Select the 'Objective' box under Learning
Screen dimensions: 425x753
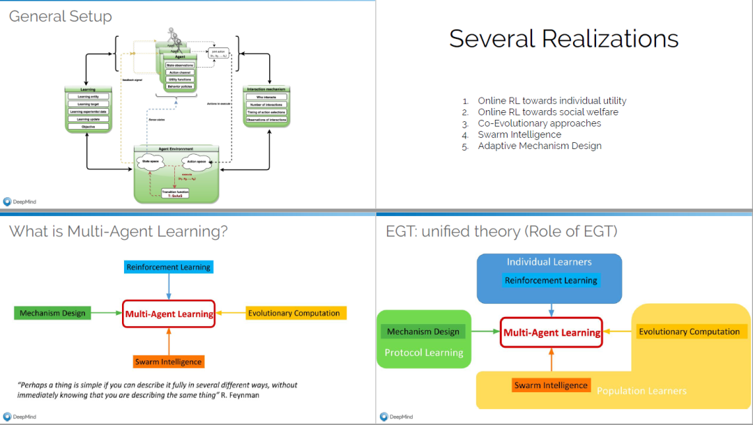pyautogui.click(x=88, y=127)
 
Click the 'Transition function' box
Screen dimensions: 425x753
pyautogui.click(x=176, y=194)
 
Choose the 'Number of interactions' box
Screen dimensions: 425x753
pyautogui.click(x=266, y=105)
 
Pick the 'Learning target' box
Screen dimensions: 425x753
pyautogui.click(x=88, y=104)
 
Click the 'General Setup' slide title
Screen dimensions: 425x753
pyautogui.click(x=60, y=17)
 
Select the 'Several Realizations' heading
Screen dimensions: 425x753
pyautogui.click(x=563, y=38)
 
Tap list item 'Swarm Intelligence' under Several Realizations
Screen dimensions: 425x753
pyautogui.click(x=519, y=134)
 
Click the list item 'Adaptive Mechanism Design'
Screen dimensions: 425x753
pyautogui.click(x=540, y=146)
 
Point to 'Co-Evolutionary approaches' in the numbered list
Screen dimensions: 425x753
pyautogui.click(x=539, y=123)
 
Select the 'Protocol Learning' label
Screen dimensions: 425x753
pyautogui.click(x=424, y=353)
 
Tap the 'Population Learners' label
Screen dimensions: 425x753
pyautogui.click(x=641, y=391)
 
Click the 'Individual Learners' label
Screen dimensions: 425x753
pyautogui.click(x=549, y=262)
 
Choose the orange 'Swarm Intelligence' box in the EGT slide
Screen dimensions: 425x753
pyautogui.click(x=551, y=385)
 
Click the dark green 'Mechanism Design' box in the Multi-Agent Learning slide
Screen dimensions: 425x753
pyautogui.click(x=52, y=314)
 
